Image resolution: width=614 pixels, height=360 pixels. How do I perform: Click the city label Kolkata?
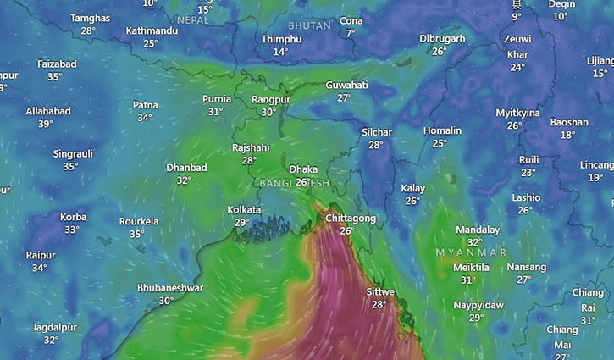click(x=243, y=209)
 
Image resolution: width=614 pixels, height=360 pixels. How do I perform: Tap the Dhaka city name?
click(x=303, y=169)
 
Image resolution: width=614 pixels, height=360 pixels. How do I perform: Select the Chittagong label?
click(x=351, y=219)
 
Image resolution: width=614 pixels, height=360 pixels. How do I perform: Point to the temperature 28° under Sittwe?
click(x=379, y=305)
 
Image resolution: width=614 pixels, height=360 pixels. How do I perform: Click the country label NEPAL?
click(x=193, y=19)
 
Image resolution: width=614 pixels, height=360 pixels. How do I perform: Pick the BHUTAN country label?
click(x=309, y=26)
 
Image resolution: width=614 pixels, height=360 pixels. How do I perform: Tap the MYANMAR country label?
click(x=471, y=252)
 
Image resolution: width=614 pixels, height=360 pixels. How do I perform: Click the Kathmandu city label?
click(x=152, y=31)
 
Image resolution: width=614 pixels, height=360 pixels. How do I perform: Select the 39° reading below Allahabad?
click(x=45, y=124)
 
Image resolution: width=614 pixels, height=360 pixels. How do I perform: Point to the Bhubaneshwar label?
click(x=169, y=288)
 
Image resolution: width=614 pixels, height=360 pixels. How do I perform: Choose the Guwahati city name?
click(x=346, y=86)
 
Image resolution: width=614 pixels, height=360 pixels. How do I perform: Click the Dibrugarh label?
click(x=442, y=39)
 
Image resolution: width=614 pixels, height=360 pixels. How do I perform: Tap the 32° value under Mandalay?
click(x=474, y=242)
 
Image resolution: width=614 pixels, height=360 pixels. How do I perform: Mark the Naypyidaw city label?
click(x=478, y=305)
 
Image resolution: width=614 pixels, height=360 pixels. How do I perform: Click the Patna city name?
click(x=145, y=105)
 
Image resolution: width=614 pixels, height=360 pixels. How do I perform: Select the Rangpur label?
click(x=271, y=100)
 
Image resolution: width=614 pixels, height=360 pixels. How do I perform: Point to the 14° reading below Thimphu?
click(x=280, y=52)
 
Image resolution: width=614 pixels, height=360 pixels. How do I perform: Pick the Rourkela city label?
click(x=138, y=222)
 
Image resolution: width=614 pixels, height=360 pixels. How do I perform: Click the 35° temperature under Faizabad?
click(x=56, y=77)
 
